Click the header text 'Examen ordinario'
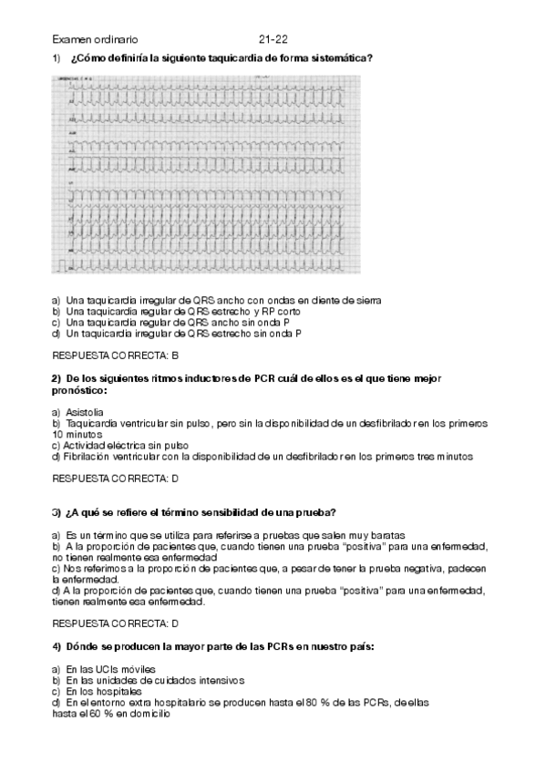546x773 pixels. (x=96, y=40)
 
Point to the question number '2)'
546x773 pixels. (x=56, y=378)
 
